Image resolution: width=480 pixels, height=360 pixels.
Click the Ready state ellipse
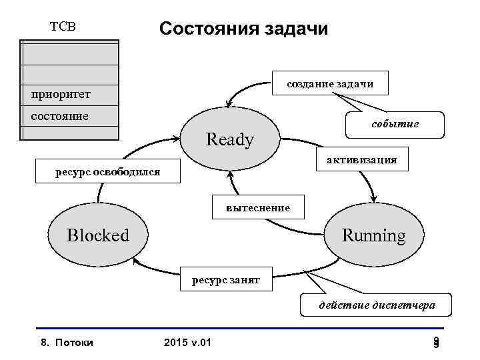coord(230,139)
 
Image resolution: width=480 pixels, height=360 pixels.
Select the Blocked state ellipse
coord(98,235)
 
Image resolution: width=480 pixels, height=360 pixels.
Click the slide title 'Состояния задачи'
coord(243,29)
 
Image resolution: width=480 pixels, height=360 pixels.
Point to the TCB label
coord(63,27)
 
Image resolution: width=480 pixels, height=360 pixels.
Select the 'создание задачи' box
coord(329,83)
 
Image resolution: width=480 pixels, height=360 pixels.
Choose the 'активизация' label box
coord(361,159)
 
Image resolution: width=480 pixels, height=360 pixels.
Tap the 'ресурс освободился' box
coord(107,172)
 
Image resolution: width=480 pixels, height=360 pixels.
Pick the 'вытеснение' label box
coord(258,207)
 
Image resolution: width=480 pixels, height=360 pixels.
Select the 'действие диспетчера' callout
coord(377,305)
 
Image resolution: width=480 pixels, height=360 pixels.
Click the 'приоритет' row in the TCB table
coord(70,94)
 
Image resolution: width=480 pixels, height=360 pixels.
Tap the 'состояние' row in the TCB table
coord(70,115)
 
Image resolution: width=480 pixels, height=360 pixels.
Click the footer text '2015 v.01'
coord(187,343)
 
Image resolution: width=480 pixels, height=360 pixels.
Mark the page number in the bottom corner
coord(435,343)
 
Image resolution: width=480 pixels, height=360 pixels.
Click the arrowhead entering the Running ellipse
coord(374,198)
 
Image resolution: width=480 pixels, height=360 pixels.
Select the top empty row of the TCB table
coord(70,52)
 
